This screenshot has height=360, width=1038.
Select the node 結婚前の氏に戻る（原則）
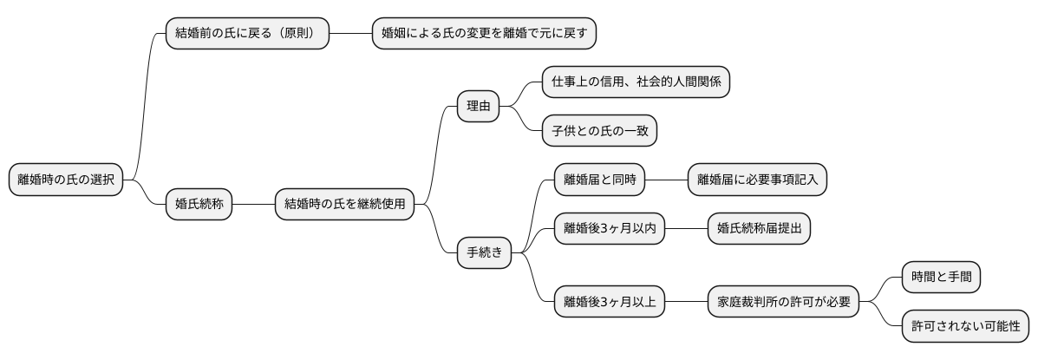(247, 34)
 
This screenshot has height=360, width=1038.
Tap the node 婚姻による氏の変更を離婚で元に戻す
(485, 34)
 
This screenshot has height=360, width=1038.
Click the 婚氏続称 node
(199, 205)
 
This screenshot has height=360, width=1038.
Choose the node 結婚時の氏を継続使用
(344, 205)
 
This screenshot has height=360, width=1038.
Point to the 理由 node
(478, 107)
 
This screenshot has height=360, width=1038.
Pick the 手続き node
(484, 253)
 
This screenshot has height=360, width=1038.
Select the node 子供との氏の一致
(599, 131)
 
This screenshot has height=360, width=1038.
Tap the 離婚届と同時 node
(600, 180)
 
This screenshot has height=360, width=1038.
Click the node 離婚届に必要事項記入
(757, 180)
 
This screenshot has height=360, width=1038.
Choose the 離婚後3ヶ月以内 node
(610, 229)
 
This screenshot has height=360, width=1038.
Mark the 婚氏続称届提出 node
(759, 229)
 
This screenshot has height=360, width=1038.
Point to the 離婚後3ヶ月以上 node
(610, 302)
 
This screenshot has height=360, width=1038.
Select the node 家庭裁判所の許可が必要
(783, 302)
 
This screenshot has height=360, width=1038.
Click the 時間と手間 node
(941, 278)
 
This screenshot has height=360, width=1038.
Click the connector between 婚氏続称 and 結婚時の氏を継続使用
(253, 205)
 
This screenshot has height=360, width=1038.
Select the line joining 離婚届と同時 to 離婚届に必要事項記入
(667, 180)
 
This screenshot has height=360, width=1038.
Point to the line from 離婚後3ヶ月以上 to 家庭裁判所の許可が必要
(686, 302)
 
